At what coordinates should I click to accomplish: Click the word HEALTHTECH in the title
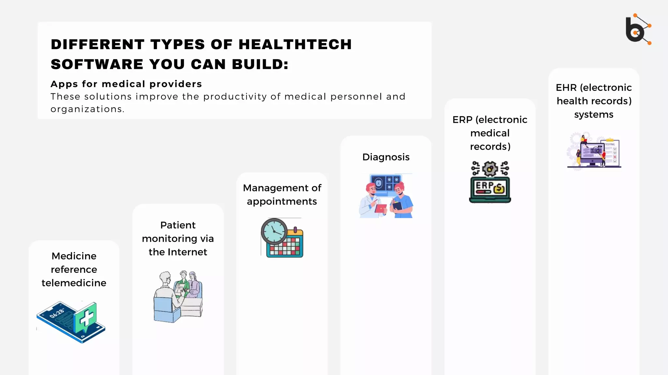[x=295, y=45]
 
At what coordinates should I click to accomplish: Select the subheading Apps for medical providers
[x=126, y=84]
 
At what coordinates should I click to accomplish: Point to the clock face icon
[x=274, y=231]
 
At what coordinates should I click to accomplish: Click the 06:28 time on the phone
[x=57, y=313]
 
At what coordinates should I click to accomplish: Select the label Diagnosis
[x=386, y=157]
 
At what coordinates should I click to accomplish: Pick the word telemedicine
[x=74, y=283]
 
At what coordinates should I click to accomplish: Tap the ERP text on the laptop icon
[x=484, y=186]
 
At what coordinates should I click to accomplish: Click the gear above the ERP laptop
[x=490, y=169]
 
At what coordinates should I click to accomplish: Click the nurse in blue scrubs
[x=402, y=202]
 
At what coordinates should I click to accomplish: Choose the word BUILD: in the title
[x=260, y=64]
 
